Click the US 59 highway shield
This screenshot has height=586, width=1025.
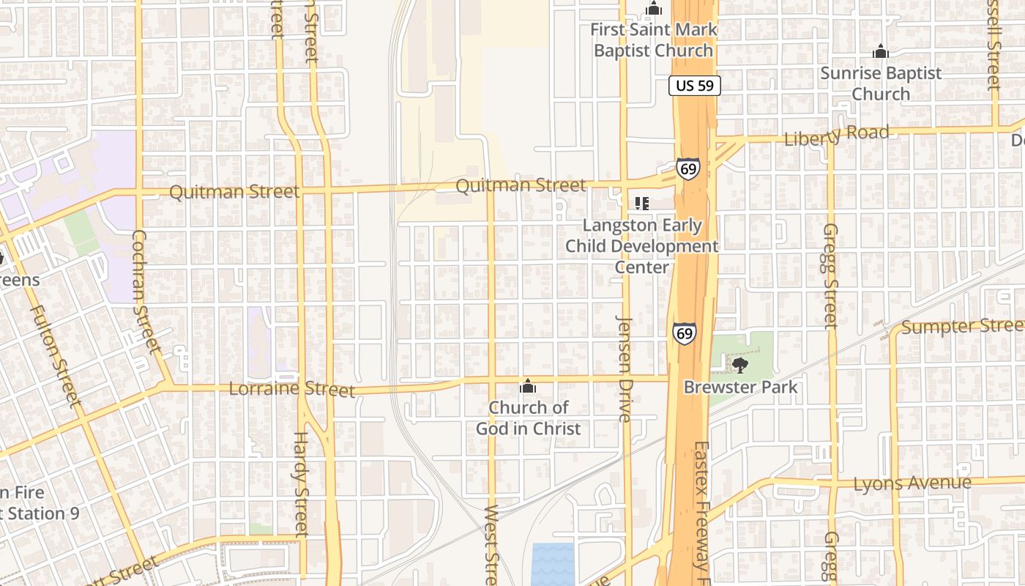[x=695, y=86]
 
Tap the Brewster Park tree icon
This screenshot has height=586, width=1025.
[x=739, y=364]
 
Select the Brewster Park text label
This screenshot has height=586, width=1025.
[x=740, y=387]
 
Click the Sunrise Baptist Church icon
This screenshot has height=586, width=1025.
[x=881, y=52]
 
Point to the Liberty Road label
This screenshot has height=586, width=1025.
[x=836, y=136]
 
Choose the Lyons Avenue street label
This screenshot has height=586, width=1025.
[x=912, y=483]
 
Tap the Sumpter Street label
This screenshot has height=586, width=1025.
[x=962, y=326]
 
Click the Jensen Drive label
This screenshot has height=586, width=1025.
[x=625, y=368]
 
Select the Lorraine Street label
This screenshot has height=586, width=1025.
[x=291, y=389]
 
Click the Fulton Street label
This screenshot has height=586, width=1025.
[x=55, y=355]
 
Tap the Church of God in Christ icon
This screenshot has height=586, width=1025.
[x=528, y=387]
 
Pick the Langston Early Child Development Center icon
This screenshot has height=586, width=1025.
[x=642, y=203]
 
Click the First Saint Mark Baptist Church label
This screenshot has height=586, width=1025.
[x=653, y=40]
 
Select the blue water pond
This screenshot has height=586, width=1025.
[x=553, y=563]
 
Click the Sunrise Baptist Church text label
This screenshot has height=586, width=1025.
[x=881, y=84]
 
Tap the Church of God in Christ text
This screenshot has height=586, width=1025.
[x=528, y=418]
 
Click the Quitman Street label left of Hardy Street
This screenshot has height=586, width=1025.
[x=234, y=192]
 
